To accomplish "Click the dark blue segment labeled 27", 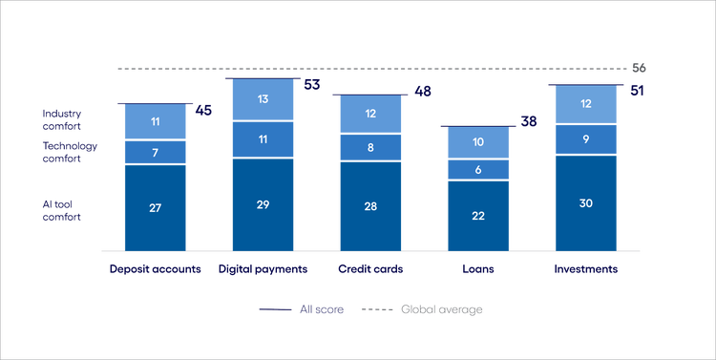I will [155, 206].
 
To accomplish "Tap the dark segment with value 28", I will [371, 206].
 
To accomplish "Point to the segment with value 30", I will [586, 203].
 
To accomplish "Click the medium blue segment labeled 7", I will [155, 153].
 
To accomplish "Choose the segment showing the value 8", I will [371, 148].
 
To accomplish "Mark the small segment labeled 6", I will [479, 169].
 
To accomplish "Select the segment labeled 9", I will [586, 139].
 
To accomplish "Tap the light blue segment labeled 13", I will [263, 100].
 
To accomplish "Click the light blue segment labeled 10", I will [479, 142].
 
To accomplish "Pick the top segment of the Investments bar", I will [586, 104].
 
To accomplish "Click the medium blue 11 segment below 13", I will [263, 139].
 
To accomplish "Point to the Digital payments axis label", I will [263, 269].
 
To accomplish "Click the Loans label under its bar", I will [479, 269].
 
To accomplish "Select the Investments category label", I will [586, 269].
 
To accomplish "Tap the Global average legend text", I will [441, 310].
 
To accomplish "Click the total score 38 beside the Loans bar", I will [528, 123].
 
